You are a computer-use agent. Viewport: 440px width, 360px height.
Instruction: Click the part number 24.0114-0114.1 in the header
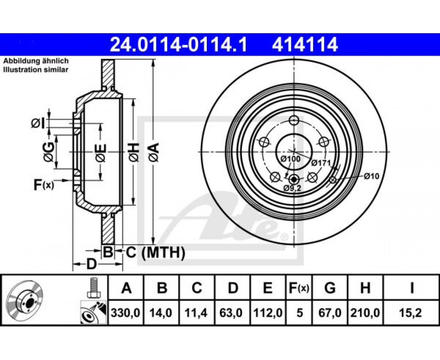click(x=178, y=44)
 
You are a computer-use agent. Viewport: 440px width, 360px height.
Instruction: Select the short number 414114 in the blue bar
click(x=304, y=44)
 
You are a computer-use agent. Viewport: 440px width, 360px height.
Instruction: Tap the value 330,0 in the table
click(x=126, y=312)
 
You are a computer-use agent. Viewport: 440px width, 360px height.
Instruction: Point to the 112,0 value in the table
click(x=268, y=312)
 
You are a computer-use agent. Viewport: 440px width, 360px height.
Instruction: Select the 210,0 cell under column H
click(x=365, y=312)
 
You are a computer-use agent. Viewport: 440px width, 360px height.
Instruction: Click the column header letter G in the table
click(x=330, y=288)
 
